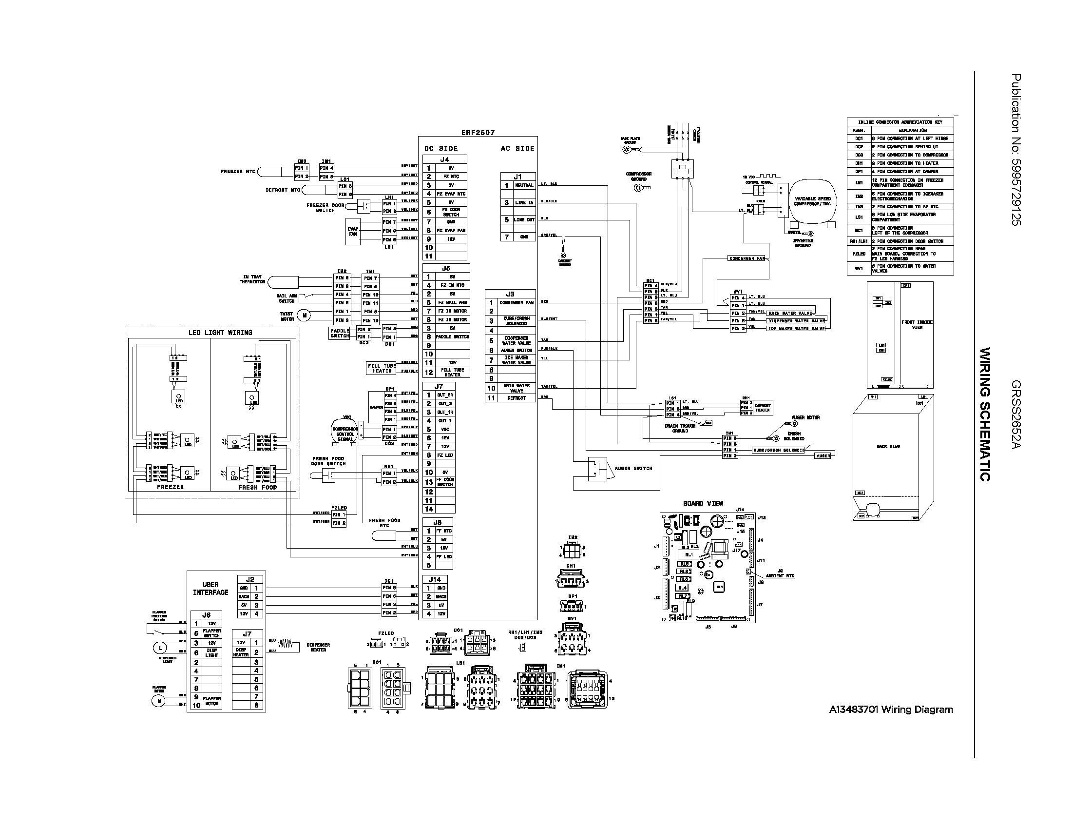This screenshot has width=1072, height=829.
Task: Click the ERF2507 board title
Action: pyautogui.click(x=478, y=133)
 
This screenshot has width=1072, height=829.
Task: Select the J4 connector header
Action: pyautogui.click(x=444, y=159)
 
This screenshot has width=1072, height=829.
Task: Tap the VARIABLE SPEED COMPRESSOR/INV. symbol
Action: pyautogui.click(x=812, y=201)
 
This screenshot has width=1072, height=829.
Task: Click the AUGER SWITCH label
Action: pyautogui.click(x=633, y=468)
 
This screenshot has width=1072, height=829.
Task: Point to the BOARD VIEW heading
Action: pyautogui.click(x=703, y=503)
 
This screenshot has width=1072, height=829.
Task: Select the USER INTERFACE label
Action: pyautogui.click(x=210, y=589)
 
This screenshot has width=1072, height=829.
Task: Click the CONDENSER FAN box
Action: pyautogui.click(x=747, y=258)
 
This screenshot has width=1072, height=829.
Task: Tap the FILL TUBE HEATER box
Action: pyautogui.click(x=382, y=368)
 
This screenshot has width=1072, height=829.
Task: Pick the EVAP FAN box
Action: pyautogui.click(x=353, y=231)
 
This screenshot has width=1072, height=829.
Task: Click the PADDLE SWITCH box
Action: pyautogui.click(x=340, y=333)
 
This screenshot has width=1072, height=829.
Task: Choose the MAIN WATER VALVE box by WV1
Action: pyautogui.click(x=790, y=314)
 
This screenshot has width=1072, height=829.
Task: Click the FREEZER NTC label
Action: pyautogui.click(x=238, y=171)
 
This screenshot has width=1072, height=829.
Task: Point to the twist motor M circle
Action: pyautogui.click(x=305, y=316)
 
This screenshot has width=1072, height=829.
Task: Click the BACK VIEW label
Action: pyautogui.click(x=888, y=446)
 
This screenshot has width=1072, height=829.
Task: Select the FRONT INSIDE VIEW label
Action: pyautogui.click(x=917, y=325)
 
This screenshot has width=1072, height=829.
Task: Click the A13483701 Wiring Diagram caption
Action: pyautogui.click(x=891, y=710)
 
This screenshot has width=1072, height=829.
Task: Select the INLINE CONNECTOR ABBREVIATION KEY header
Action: pyautogui.click(x=900, y=122)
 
